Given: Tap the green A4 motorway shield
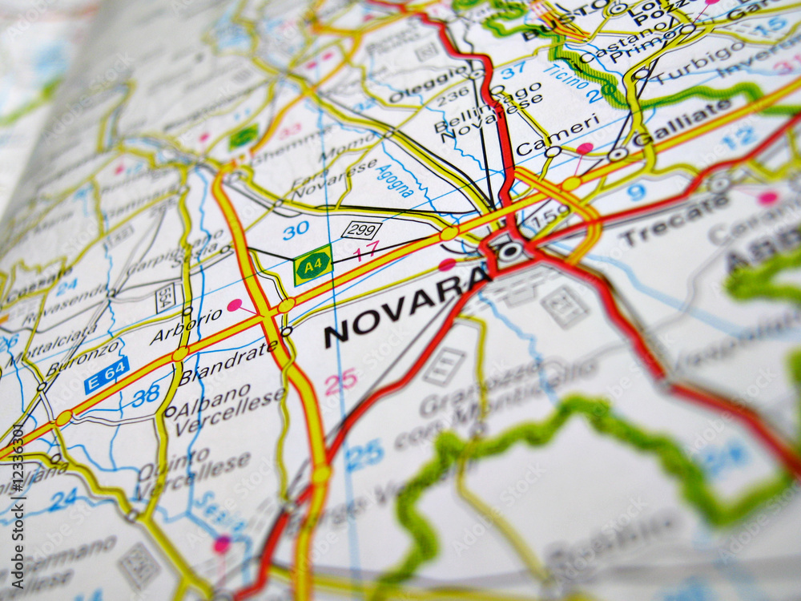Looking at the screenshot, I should point(312,265).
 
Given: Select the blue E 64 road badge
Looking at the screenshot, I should point(107,375).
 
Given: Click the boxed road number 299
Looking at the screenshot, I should point(361,230).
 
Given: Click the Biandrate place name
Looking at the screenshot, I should point(228,365).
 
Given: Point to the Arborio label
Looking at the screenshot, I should point(186,326).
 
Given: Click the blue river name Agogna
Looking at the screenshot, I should point(395,181).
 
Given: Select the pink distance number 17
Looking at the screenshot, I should point(366,251).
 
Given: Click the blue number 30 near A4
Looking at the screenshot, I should point(296,230).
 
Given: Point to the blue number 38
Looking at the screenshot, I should point(146,395).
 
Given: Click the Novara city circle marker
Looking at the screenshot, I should point(509,252).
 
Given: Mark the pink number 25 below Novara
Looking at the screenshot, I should point(340,381).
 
